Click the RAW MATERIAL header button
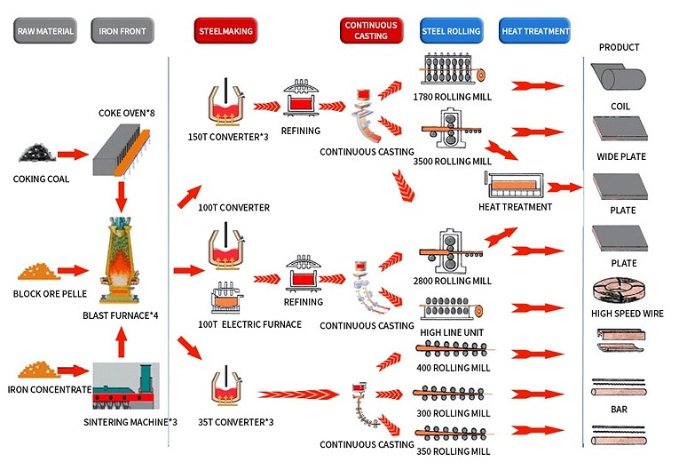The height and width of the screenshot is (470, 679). coord(45,31)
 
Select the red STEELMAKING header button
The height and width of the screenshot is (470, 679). coord(225,31)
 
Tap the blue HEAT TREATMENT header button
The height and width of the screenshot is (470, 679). coord(535,31)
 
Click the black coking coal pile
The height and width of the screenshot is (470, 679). coord(37,153)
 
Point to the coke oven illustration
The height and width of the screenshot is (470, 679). coord(122,149)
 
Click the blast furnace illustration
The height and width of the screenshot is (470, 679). coord(121,259)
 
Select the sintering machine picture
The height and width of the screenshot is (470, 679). coord(126,386)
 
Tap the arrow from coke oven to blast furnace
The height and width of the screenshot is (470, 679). coord(122,196)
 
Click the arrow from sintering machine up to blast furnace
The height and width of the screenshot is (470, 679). coord(122,342)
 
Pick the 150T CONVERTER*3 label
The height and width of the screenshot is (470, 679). coord(228,137)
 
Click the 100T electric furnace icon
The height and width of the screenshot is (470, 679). coord(226,298)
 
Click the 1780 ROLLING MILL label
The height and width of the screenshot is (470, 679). coord(452,97)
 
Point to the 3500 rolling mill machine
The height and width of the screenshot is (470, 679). coord(451,128)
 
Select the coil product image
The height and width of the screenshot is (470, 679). coord(619,77)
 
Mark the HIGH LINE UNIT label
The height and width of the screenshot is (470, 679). coord(452,332)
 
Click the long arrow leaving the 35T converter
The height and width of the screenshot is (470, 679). coord(299,394)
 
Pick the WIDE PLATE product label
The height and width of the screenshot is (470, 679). coord(621,156)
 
